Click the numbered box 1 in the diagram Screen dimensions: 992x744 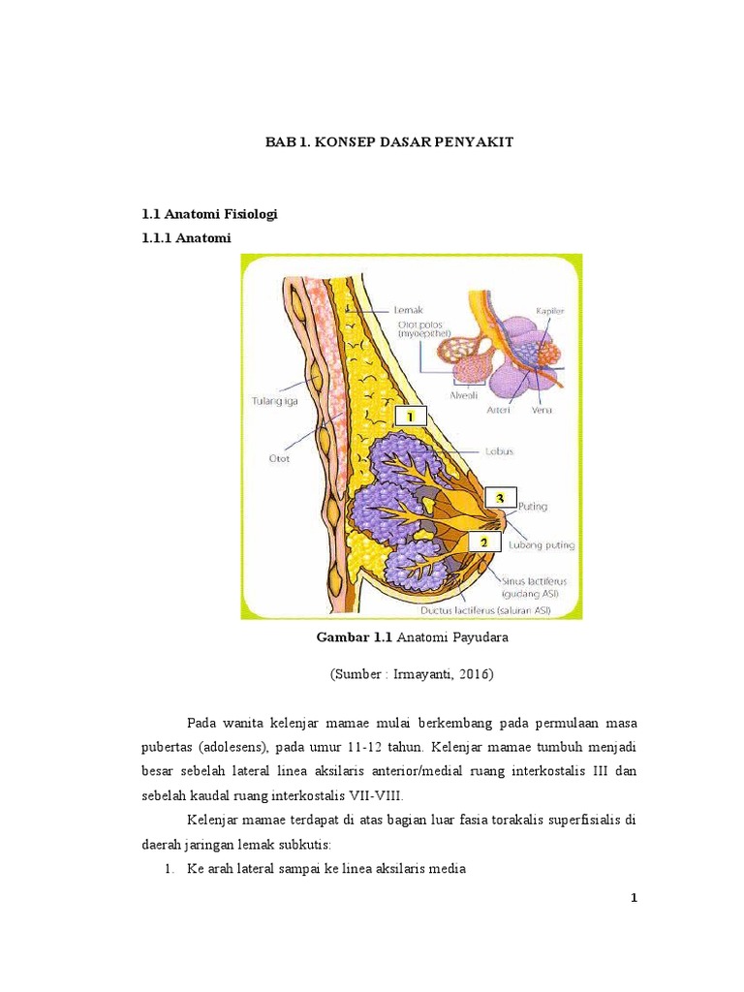410,416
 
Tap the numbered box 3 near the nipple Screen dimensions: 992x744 501,498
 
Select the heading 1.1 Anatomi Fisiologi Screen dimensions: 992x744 209,214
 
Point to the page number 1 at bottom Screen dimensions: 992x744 634,898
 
